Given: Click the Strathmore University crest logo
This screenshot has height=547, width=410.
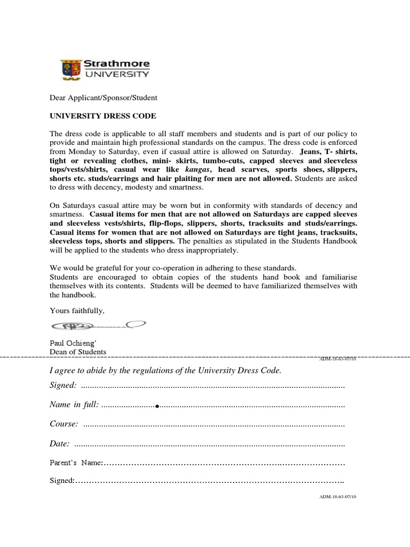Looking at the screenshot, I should click(x=69, y=69).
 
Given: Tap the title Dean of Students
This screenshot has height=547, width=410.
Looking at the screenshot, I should click(x=78, y=351).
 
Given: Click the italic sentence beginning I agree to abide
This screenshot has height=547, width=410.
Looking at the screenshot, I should click(x=165, y=370).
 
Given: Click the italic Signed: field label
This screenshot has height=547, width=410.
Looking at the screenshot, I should click(x=63, y=385).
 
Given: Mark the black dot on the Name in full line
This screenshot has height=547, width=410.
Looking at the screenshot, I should click(x=157, y=407).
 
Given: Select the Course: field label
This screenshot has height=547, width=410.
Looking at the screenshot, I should click(x=64, y=424).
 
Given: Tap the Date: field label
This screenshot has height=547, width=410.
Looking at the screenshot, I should click(x=59, y=443).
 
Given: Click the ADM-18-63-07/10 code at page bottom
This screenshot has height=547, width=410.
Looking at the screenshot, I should click(x=337, y=496).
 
